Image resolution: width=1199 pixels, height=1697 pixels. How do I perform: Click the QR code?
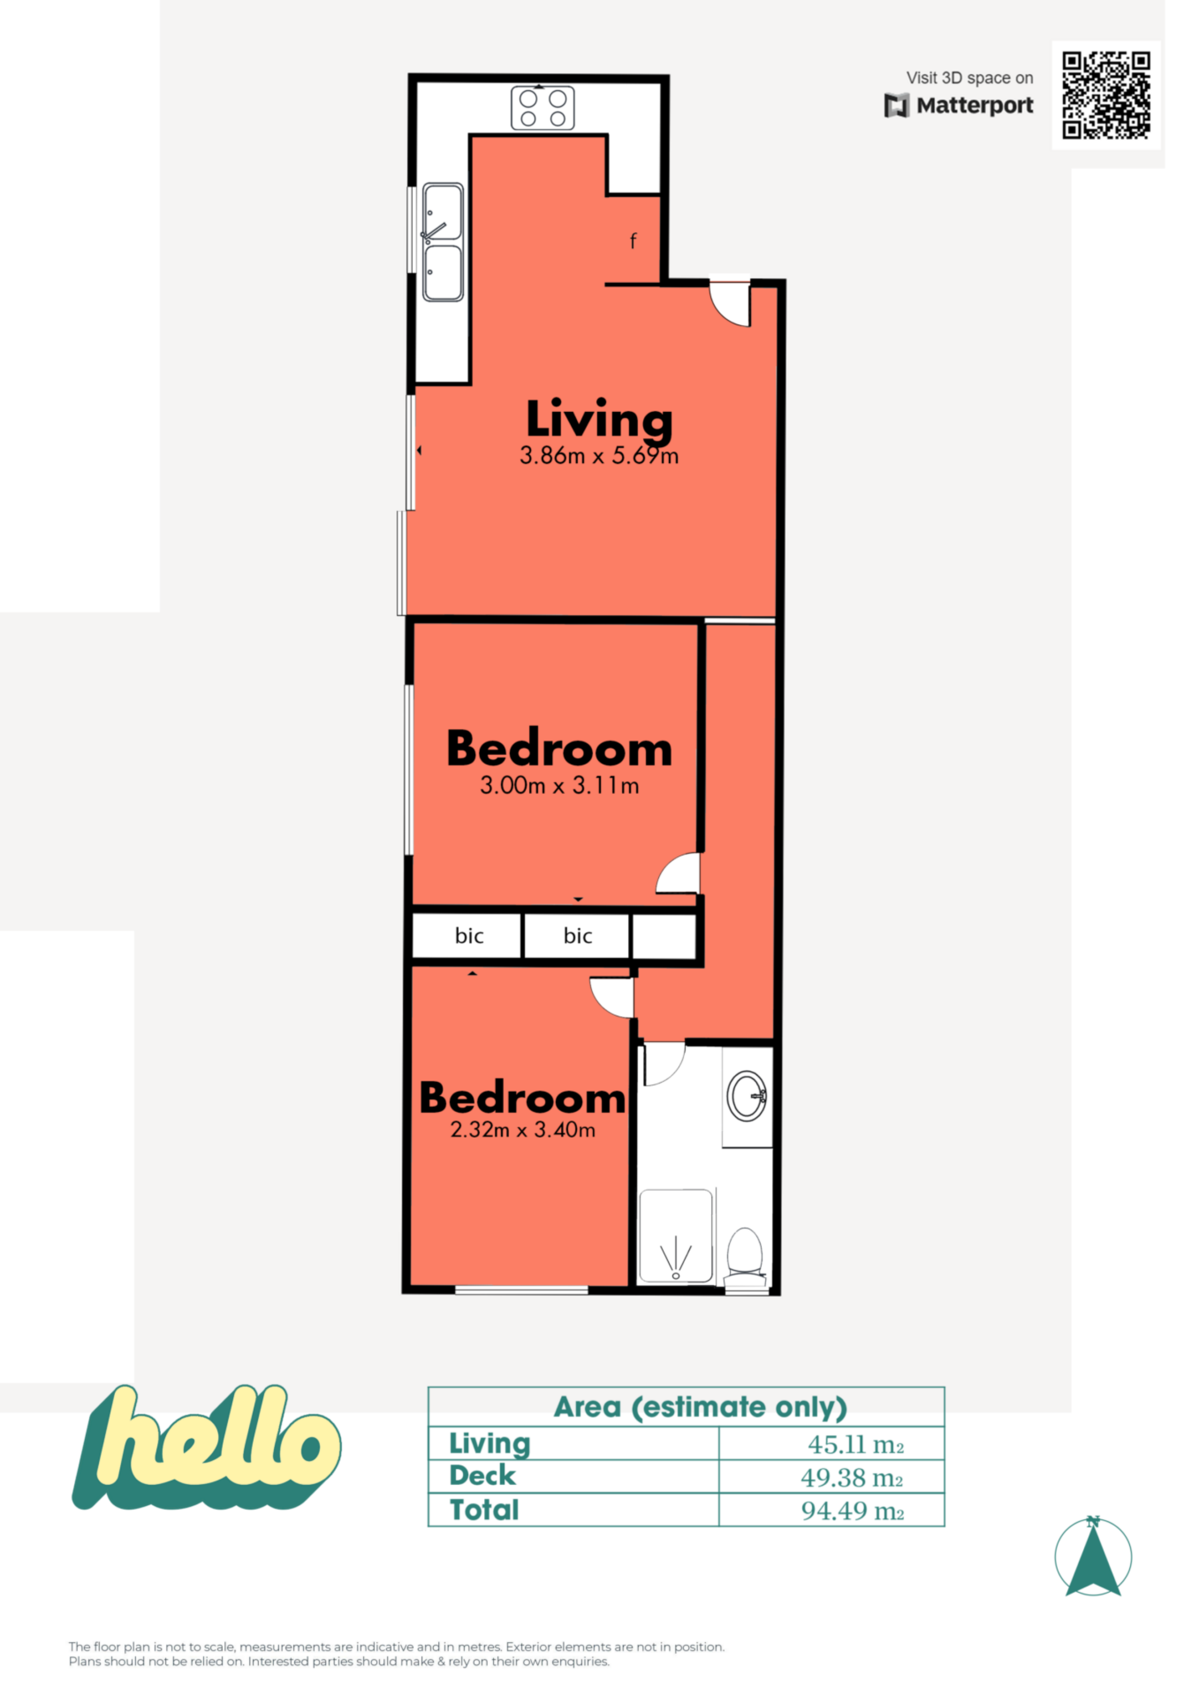1106,95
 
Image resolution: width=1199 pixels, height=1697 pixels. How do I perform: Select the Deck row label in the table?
482,1475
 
